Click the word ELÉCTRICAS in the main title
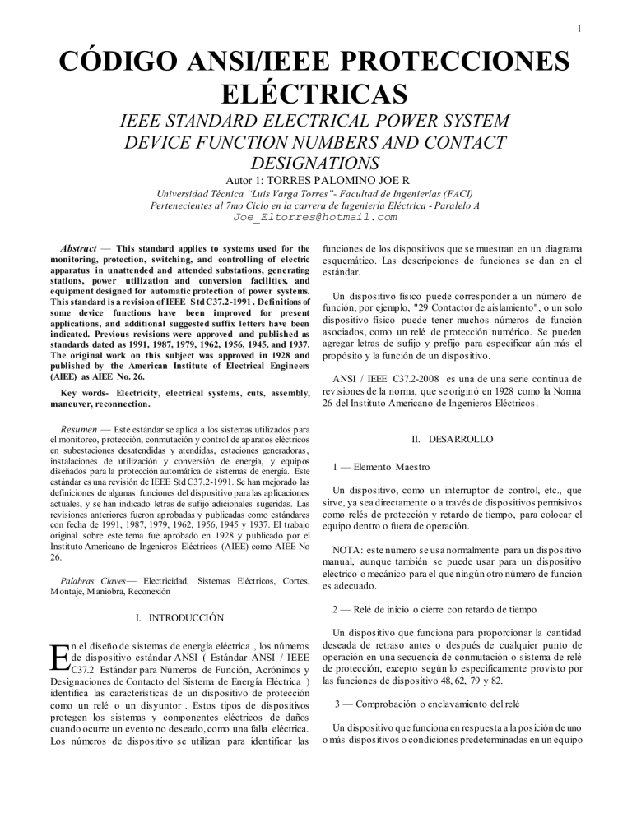click(316, 90)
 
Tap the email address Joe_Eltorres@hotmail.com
click(315, 217)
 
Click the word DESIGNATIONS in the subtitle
click(316, 162)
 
